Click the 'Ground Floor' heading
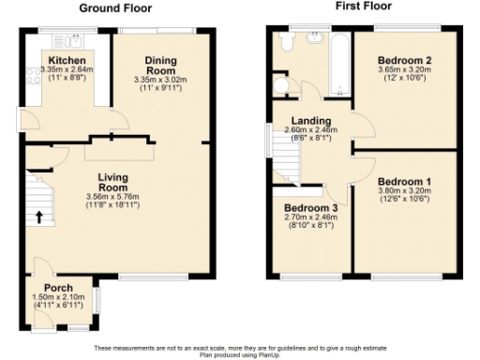tap(115, 8)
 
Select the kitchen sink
tap(72, 40)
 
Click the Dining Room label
tap(160, 66)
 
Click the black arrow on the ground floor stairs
tap(38, 216)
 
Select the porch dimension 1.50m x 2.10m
tap(59, 297)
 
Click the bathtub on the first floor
tap(337, 64)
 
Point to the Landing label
tap(309, 120)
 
